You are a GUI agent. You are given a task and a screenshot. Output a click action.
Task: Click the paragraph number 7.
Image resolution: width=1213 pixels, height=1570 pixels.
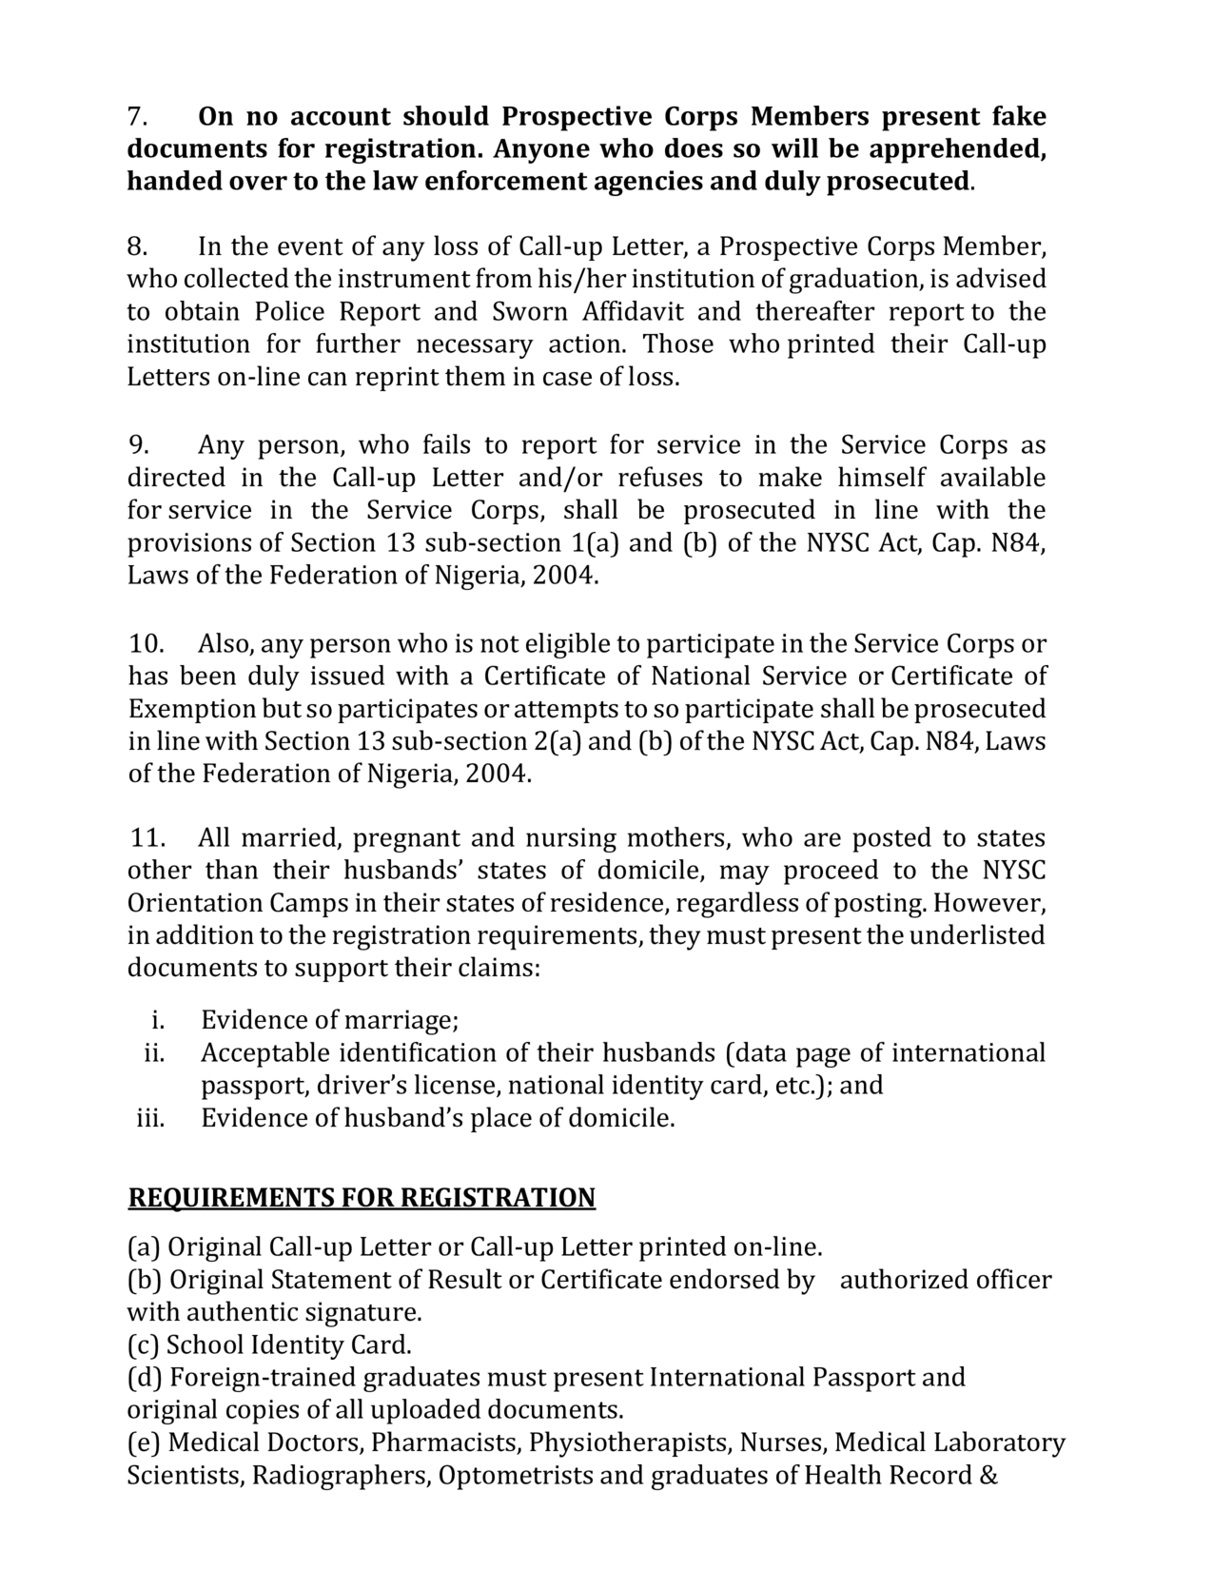coord(137,117)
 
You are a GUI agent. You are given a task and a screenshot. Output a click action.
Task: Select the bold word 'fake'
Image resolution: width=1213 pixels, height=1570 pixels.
coord(1019,117)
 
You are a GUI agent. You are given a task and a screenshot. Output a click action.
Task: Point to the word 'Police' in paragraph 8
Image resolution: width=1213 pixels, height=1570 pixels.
coord(290,312)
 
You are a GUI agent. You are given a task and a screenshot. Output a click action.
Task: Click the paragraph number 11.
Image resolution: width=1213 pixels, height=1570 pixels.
coord(147,838)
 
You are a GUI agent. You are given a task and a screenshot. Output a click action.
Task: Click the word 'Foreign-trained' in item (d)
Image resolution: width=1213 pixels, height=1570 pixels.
coord(264,1378)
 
